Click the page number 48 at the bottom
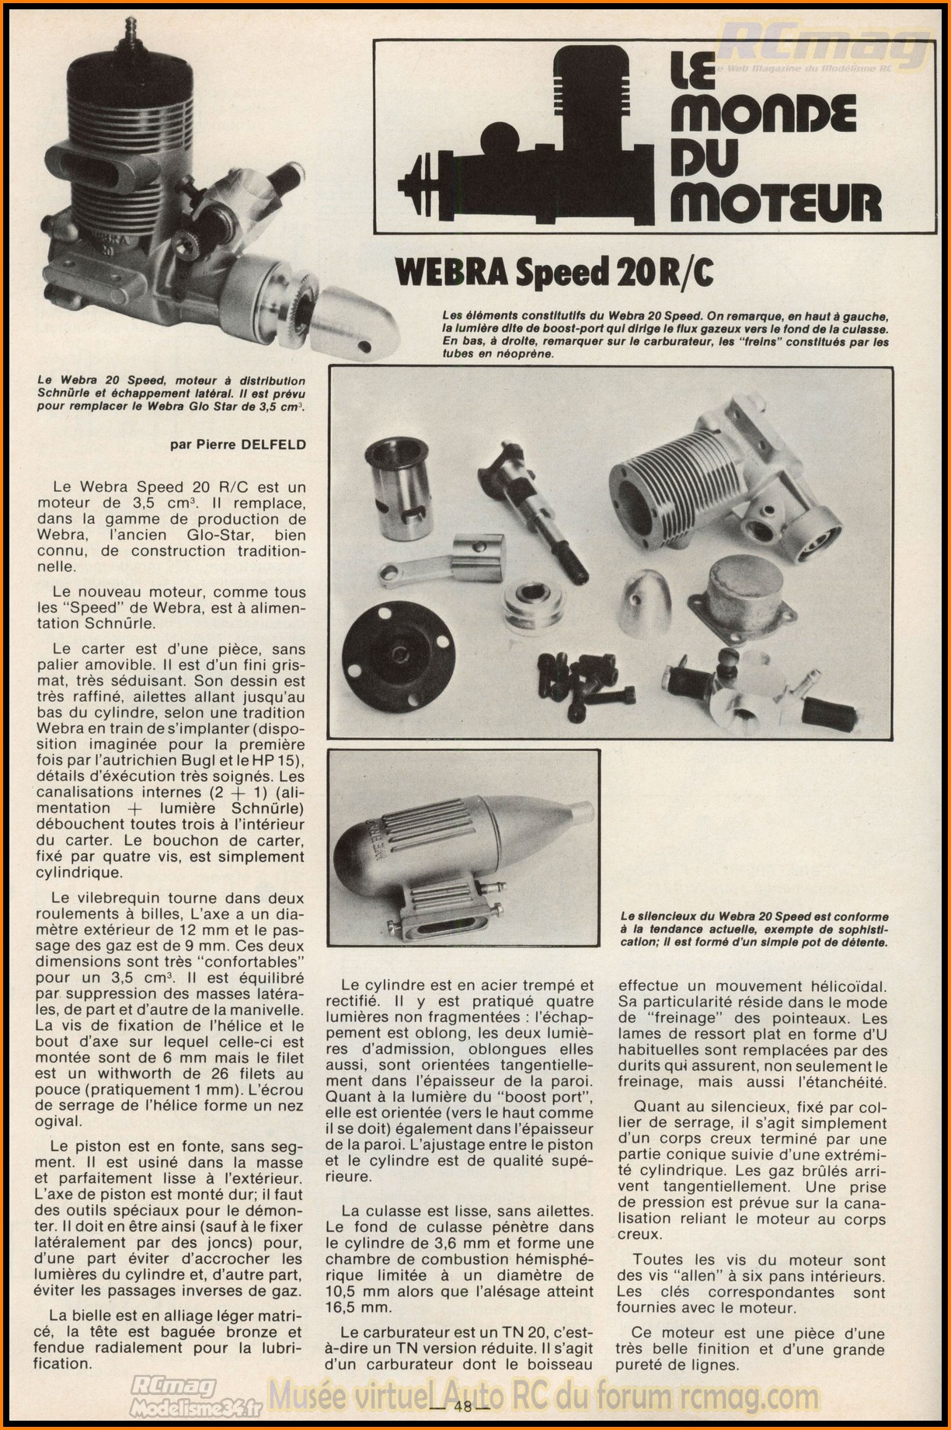pos(465,1405)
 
